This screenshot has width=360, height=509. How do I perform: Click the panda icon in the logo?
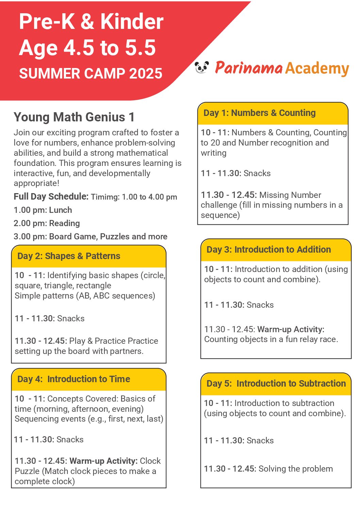click(202, 67)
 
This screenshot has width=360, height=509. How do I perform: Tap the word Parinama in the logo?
click(249, 68)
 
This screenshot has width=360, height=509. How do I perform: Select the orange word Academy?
click(317, 69)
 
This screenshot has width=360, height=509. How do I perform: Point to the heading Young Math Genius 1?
click(74, 117)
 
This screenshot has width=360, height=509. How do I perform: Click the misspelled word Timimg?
click(105, 197)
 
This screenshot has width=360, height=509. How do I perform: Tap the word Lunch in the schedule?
click(61, 210)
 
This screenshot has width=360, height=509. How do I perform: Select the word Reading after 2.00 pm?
click(65, 223)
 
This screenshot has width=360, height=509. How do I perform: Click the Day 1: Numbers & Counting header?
click(260, 113)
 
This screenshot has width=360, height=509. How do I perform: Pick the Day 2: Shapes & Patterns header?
click(69, 256)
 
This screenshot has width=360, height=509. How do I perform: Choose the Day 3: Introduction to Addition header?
click(269, 250)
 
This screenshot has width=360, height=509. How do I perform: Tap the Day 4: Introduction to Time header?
click(74, 379)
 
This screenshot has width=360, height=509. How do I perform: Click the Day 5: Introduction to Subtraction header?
click(276, 384)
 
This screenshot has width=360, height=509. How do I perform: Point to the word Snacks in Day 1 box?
click(257, 173)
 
